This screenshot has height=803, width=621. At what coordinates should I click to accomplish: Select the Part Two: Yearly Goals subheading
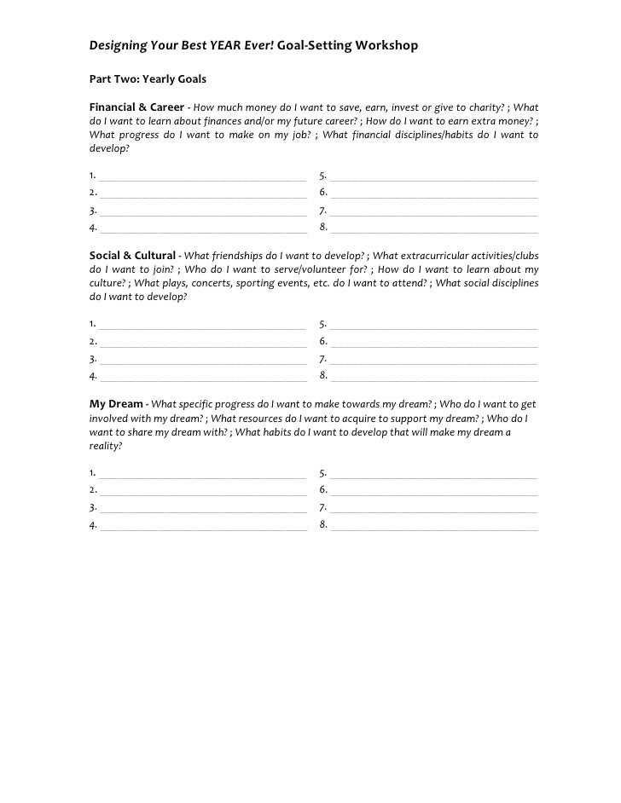point(148,80)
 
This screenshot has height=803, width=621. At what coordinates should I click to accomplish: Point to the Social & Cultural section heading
point(133,255)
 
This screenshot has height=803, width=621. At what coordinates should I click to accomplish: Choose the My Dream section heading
point(116,402)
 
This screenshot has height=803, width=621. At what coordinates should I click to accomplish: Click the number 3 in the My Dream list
point(92,508)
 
